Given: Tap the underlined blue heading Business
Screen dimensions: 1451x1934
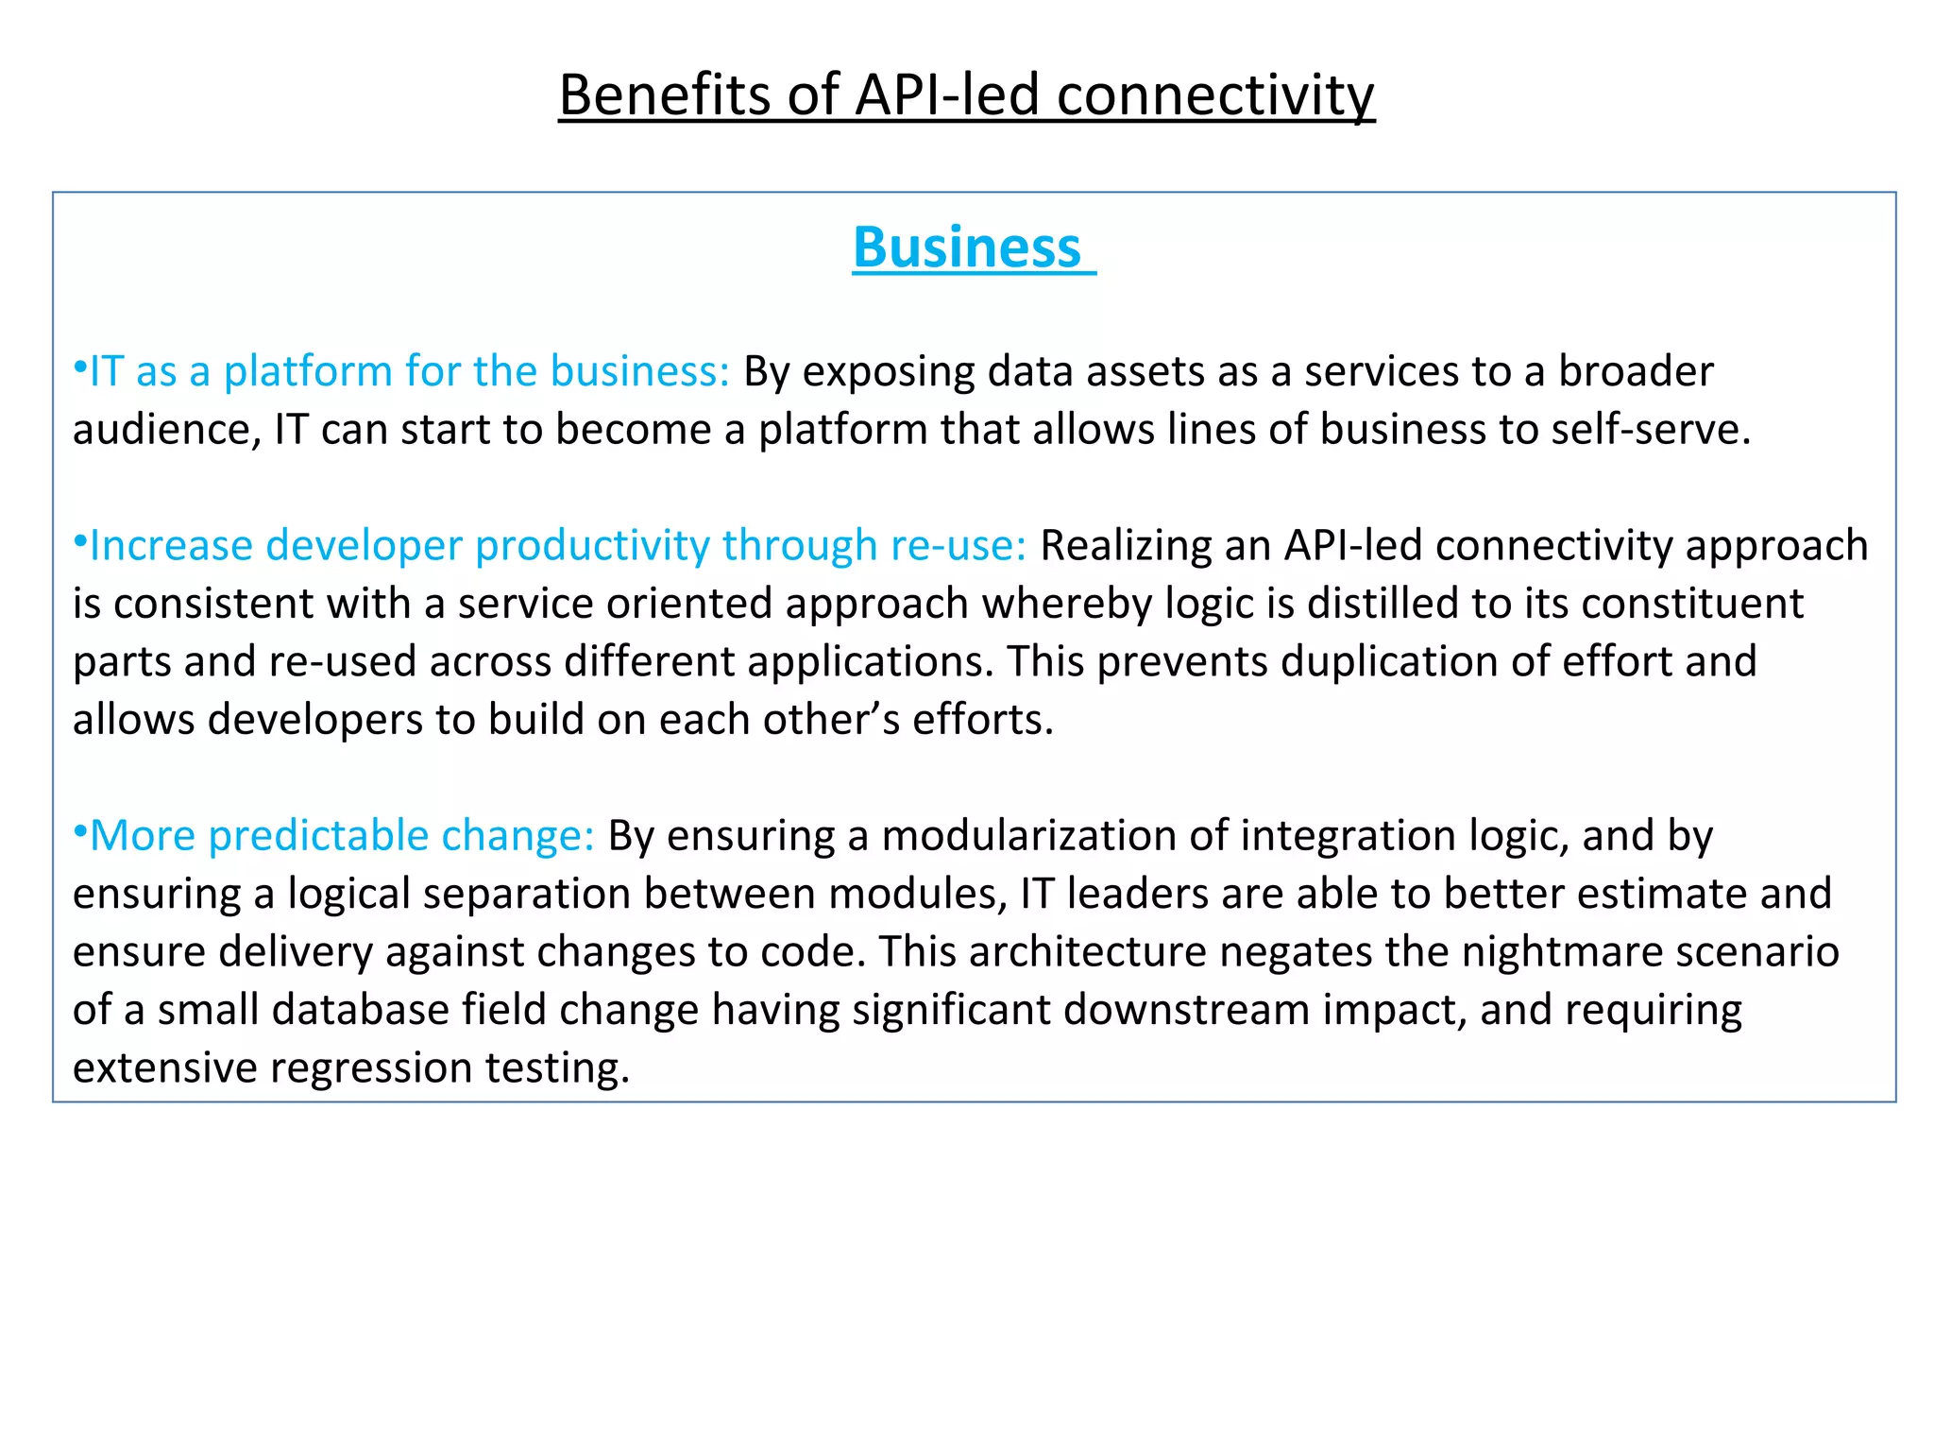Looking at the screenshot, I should click(x=967, y=248).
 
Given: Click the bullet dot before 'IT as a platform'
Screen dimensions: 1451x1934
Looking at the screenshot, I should click(x=80, y=365).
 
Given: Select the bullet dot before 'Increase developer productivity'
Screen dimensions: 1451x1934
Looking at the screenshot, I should click(x=80, y=538).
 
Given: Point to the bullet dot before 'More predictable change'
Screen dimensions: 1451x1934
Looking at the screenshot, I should click(x=80, y=828).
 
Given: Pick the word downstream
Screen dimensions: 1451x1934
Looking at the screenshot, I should click(x=1186, y=1010).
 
